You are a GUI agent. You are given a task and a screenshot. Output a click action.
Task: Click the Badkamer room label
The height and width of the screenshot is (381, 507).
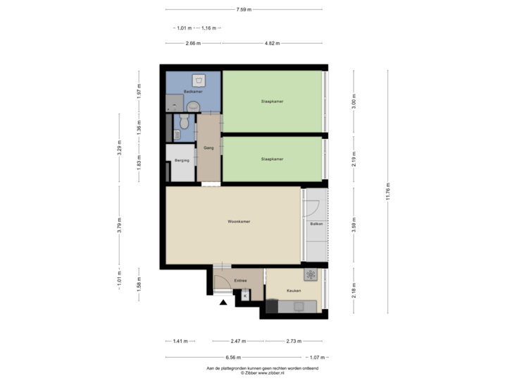(x=193, y=92)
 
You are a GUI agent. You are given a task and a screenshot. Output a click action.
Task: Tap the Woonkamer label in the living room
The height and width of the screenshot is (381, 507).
(x=239, y=222)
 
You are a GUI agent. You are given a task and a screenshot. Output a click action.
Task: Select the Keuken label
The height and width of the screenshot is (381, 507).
(x=294, y=291)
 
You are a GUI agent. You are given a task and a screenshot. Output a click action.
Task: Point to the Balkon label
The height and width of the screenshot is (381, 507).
(x=315, y=224)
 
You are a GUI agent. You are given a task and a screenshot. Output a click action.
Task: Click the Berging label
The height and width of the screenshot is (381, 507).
(x=181, y=161)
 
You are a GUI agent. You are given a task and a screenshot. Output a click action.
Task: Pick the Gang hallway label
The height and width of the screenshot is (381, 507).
(x=208, y=148)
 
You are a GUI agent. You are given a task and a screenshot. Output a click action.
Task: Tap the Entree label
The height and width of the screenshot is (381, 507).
(x=241, y=281)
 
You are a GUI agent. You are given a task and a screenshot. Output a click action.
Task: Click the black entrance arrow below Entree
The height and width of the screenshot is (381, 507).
(x=223, y=303)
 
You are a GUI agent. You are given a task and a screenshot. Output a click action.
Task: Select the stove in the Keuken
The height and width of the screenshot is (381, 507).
(x=309, y=274)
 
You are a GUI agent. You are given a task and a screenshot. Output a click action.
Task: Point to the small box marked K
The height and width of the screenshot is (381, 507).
(x=245, y=296)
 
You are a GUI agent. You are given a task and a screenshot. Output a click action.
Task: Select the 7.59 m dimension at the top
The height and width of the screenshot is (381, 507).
(x=244, y=10)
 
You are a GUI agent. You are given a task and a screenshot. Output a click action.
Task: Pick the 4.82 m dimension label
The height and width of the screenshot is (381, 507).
(x=273, y=43)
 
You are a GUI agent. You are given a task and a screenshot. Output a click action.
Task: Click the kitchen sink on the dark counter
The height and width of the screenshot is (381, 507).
(x=299, y=306)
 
